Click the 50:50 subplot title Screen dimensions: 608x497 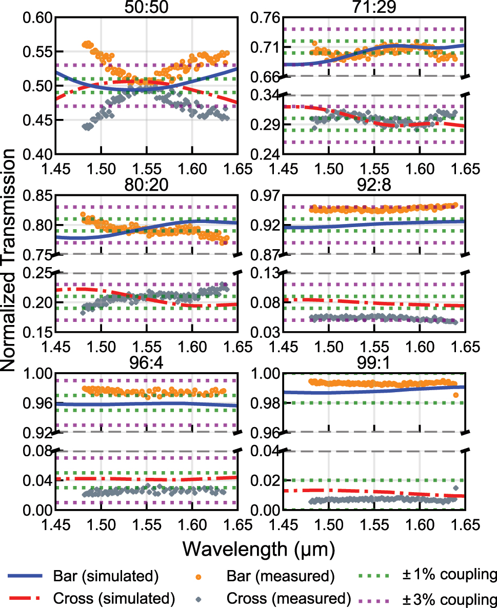pos(146,8)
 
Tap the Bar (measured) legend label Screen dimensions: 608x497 pos(280,576)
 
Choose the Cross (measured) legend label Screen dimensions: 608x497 pos(289,598)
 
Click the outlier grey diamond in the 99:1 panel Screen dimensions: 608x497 pos(455,488)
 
